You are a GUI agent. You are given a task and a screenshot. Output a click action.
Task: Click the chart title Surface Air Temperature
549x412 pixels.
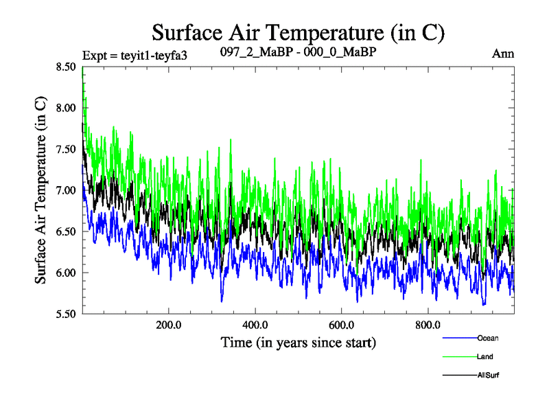coord(299,32)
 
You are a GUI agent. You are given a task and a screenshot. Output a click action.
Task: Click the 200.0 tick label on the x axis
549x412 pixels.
coord(168,324)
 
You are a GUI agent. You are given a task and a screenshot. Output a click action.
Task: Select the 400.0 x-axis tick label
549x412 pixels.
coord(255,324)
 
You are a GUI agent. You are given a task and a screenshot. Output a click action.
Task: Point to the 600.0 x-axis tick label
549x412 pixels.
coord(341,324)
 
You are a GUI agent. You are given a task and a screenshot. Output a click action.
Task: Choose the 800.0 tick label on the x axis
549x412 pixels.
coord(428,324)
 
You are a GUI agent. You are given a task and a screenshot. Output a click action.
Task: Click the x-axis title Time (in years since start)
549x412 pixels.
coord(298,341)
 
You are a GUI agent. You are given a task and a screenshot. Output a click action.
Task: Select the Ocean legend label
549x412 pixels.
coord(487,338)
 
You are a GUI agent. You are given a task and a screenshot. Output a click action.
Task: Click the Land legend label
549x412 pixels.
coord(484,356)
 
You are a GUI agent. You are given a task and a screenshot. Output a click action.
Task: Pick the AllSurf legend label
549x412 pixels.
coord(488,375)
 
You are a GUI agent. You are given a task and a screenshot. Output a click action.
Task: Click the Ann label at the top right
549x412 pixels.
coord(503,54)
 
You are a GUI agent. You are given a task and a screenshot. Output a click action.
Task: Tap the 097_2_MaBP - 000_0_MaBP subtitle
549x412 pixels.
coord(298,52)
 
